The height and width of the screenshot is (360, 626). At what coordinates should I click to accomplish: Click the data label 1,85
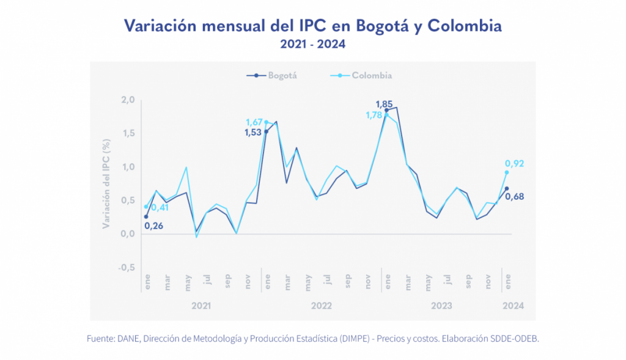[385, 104]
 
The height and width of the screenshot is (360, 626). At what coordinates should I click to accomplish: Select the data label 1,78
[374, 115]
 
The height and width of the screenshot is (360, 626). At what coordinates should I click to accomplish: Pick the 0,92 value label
[515, 163]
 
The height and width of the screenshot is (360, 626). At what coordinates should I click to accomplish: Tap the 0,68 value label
[515, 196]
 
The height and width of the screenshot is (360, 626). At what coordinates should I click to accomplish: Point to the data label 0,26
[153, 226]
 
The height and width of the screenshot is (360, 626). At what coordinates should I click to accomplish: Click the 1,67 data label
[254, 122]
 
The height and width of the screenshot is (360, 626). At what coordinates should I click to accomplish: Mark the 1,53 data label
[252, 132]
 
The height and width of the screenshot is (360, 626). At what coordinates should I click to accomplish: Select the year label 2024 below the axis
[512, 304]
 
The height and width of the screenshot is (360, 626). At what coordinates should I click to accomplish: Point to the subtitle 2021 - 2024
[312, 44]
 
